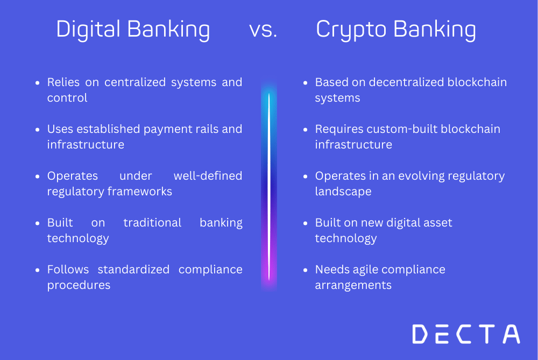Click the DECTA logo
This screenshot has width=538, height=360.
[466, 334]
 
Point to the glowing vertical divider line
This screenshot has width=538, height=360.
[269, 186]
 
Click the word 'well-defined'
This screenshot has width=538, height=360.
[208, 176]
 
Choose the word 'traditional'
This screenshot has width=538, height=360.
[153, 223]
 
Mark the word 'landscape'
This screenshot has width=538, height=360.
[343, 192]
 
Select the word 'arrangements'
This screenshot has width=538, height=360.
[353, 285]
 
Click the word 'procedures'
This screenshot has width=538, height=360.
[79, 285]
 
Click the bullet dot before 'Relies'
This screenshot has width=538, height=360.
[37, 83]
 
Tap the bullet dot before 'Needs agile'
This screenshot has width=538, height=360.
[305, 270]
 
